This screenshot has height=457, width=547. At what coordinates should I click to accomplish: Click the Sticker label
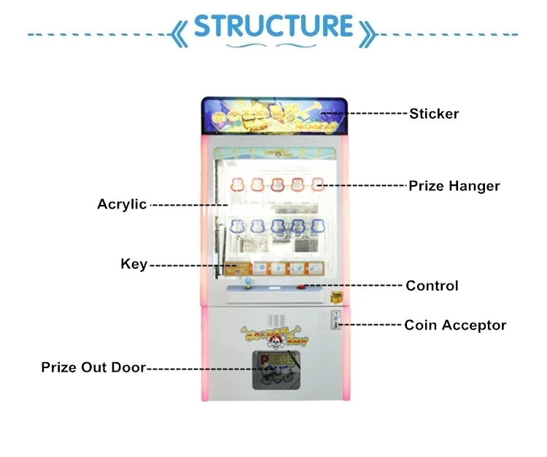point(433,113)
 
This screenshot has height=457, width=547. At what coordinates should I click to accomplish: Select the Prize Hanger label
point(454,186)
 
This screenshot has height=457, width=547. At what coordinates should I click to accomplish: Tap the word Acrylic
point(122,204)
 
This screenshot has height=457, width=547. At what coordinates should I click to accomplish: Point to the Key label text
point(133,264)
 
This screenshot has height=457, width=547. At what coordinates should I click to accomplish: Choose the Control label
point(432,286)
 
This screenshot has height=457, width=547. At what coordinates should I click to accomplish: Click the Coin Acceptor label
point(455,325)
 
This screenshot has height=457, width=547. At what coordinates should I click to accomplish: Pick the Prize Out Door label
point(93,367)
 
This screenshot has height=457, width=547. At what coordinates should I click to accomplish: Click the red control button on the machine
point(302,287)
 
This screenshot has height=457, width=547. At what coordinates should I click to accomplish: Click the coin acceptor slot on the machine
point(335,319)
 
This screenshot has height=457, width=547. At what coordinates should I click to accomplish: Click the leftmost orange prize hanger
point(237,184)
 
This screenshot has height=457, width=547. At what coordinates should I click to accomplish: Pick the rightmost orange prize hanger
point(317,184)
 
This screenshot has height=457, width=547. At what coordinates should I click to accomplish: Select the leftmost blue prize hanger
point(237,227)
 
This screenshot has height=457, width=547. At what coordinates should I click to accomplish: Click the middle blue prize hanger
point(278,227)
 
